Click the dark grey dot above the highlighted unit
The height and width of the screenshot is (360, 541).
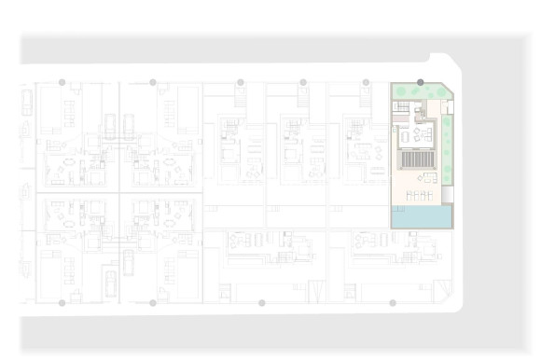(x=421, y=82)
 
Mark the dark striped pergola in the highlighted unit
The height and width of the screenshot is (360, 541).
(x=416, y=158)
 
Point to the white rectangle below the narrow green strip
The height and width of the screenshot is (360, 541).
(x=447, y=195)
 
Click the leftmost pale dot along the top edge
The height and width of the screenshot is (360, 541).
(x=62, y=82)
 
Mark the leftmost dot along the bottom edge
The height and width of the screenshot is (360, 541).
(x=62, y=303)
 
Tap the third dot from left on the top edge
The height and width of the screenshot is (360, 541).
(x=241, y=82)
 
